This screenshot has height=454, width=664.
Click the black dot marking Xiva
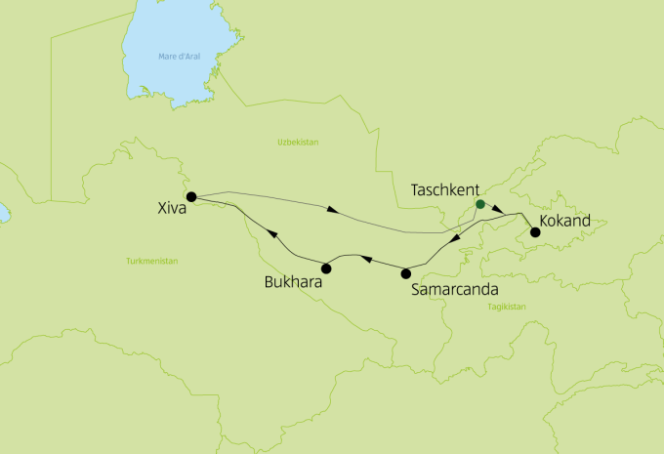click(x=191, y=196)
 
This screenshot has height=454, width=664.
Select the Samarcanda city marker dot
click(x=406, y=273)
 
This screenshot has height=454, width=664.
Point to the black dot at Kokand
click(x=534, y=232)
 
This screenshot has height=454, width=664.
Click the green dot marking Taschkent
click(x=479, y=205)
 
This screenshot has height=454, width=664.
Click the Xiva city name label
click(x=172, y=208)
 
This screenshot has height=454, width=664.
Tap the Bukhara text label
click(x=294, y=283)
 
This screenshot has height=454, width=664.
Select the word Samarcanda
click(x=455, y=289)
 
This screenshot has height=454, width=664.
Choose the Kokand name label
click(x=565, y=223)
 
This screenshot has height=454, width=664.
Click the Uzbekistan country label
click(x=298, y=143)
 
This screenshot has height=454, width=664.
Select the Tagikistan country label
click(x=506, y=307)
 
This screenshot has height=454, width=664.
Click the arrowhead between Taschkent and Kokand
click(x=498, y=210)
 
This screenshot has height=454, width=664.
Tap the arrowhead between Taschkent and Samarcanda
click(x=454, y=240)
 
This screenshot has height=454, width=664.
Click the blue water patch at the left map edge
click(x=2, y=211)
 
